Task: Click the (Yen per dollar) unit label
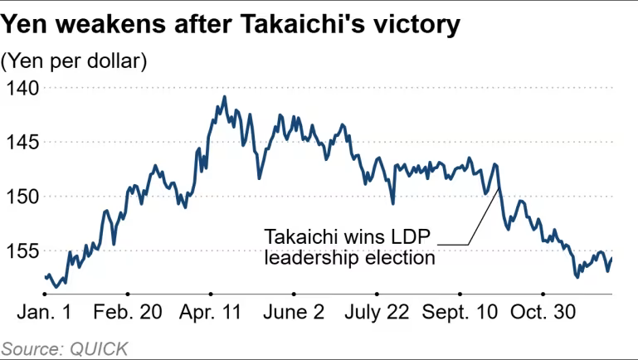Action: click(x=75, y=61)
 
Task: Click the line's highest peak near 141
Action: click(x=224, y=97)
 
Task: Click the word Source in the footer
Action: click(x=29, y=348)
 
